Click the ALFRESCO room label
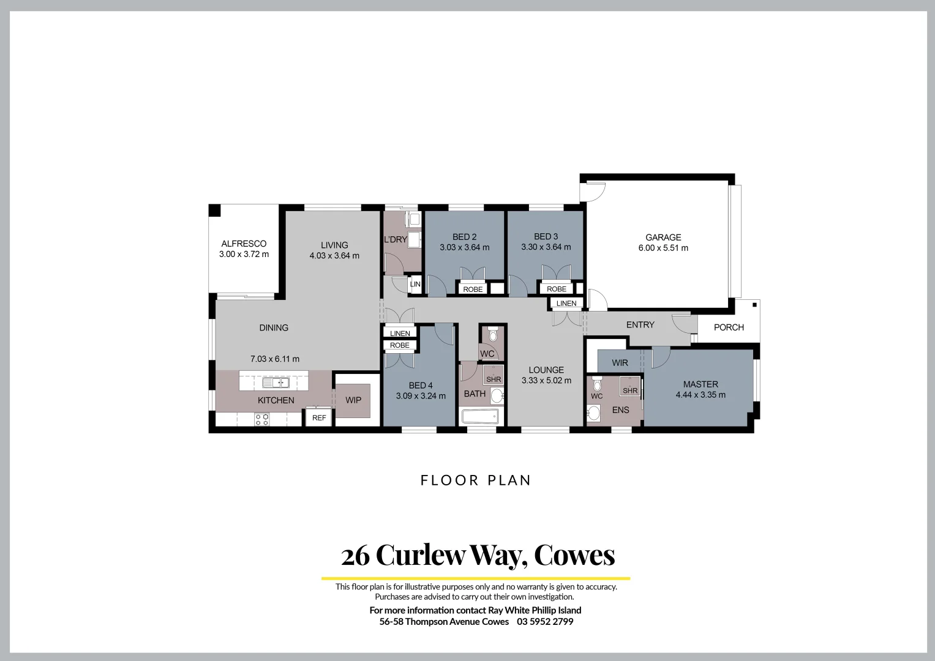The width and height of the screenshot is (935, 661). click(x=244, y=244)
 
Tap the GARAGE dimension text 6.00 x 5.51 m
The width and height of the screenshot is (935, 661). click(x=663, y=248)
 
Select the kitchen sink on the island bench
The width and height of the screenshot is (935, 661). click(x=276, y=383)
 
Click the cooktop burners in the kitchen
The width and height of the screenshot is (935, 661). click(x=262, y=419)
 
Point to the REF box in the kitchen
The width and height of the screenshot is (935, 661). click(x=319, y=418)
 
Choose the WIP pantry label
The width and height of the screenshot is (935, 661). click(x=353, y=400)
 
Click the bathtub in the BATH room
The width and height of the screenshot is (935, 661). click(x=480, y=417)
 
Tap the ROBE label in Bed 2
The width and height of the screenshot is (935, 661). click(x=473, y=289)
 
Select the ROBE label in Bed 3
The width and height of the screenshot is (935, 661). click(x=557, y=289)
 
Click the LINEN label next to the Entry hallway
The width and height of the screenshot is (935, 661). click(x=566, y=304)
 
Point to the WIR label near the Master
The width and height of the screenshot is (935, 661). click(x=620, y=363)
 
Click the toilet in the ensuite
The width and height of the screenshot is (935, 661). click(x=597, y=384)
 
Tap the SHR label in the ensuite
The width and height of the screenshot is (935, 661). click(x=630, y=390)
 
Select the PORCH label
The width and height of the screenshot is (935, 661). click(x=729, y=327)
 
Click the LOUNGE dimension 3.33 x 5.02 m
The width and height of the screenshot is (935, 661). click(x=546, y=381)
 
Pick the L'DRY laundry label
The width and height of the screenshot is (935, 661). click(x=396, y=239)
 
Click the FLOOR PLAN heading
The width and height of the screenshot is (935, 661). click(x=476, y=480)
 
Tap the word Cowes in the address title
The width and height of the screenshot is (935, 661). click(x=574, y=555)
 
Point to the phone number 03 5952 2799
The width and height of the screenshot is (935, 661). click(x=545, y=622)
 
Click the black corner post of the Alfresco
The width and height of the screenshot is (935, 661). click(x=214, y=211)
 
